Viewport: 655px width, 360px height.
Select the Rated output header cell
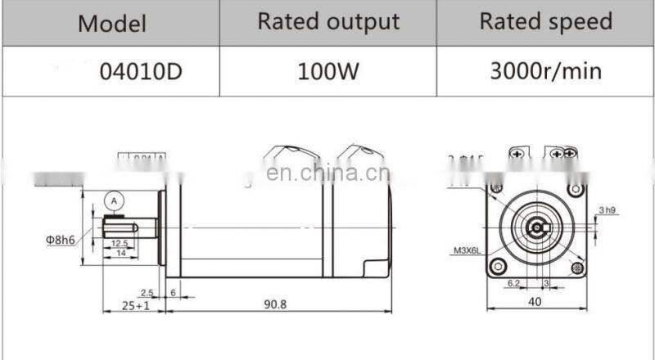point(328,22)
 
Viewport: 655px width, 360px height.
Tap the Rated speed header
point(545,22)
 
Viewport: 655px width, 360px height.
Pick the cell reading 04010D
point(140,71)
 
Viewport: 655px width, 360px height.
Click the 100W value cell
point(328,71)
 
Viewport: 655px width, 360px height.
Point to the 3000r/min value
point(545,71)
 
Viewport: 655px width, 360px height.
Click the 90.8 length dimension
point(275,304)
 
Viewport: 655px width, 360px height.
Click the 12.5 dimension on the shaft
point(119,243)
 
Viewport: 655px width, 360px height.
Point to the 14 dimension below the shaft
point(119,254)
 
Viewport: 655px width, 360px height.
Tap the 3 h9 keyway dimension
point(607,210)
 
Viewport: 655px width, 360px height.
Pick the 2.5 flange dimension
point(147,291)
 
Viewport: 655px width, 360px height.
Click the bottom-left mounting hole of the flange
point(496,267)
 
